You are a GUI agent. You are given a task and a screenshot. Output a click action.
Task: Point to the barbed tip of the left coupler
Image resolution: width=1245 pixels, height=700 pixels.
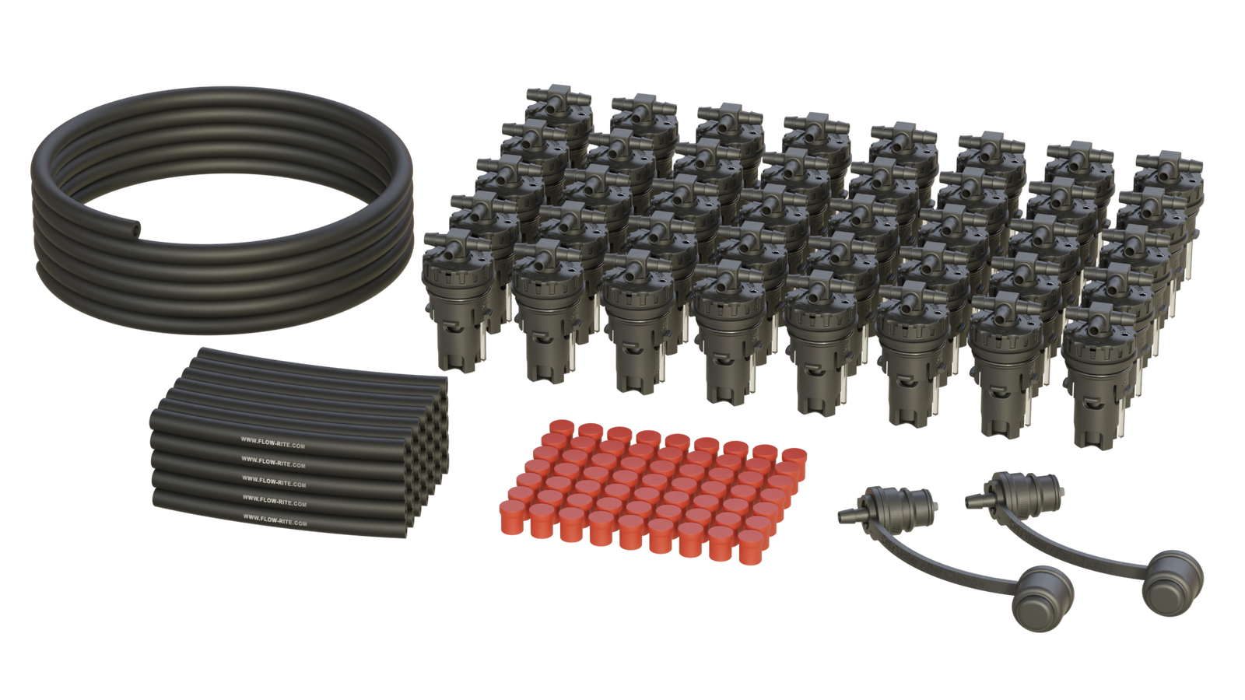coord(844,514)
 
